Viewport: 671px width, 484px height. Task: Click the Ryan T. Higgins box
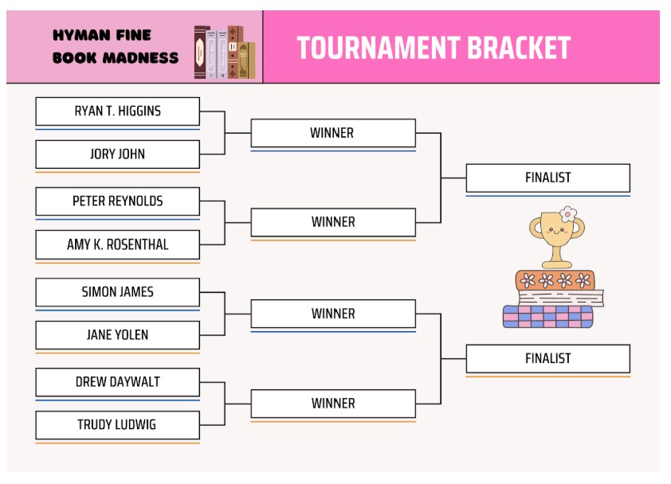click(117, 111)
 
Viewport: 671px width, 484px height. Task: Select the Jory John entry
click(117, 154)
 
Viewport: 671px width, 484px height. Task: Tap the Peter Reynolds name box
click(117, 201)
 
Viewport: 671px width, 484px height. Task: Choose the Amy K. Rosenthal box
click(117, 245)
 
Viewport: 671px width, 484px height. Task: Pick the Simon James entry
click(117, 292)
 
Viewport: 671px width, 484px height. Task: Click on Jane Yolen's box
click(117, 335)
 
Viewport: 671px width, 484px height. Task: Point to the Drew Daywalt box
click(117, 382)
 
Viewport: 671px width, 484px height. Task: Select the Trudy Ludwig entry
click(117, 425)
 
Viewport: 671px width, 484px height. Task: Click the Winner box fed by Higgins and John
click(332, 133)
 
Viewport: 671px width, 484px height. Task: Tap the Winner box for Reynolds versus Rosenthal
click(332, 222)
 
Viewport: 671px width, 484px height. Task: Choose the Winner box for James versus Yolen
click(332, 314)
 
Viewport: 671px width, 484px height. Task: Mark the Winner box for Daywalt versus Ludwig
click(332, 404)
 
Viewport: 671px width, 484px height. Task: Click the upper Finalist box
click(547, 178)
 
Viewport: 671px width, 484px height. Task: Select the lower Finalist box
click(547, 359)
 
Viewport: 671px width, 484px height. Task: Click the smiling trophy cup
click(556, 236)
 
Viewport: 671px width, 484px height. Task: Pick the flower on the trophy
click(567, 213)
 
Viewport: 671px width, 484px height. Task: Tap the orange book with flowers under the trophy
click(555, 280)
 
